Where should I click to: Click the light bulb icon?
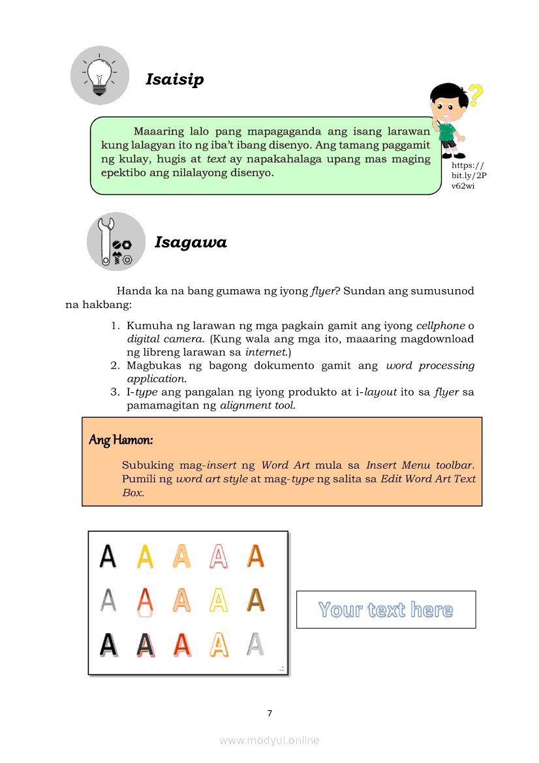click(100, 75)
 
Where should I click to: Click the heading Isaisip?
click(174, 80)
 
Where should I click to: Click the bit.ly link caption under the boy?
click(469, 176)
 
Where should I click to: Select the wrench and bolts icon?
click(115, 241)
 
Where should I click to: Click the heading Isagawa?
click(191, 243)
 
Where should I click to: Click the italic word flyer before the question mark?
click(322, 291)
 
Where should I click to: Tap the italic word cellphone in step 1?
click(440, 326)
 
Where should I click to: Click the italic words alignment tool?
click(257, 405)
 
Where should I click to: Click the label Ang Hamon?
click(121, 440)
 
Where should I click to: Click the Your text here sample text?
click(386, 610)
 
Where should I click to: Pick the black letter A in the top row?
click(108, 556)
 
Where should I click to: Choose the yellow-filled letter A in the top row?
click(145, 556)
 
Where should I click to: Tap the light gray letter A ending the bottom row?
click(255, 644)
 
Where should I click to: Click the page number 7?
click(269, 713)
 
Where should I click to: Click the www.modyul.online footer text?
click(269, 740)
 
